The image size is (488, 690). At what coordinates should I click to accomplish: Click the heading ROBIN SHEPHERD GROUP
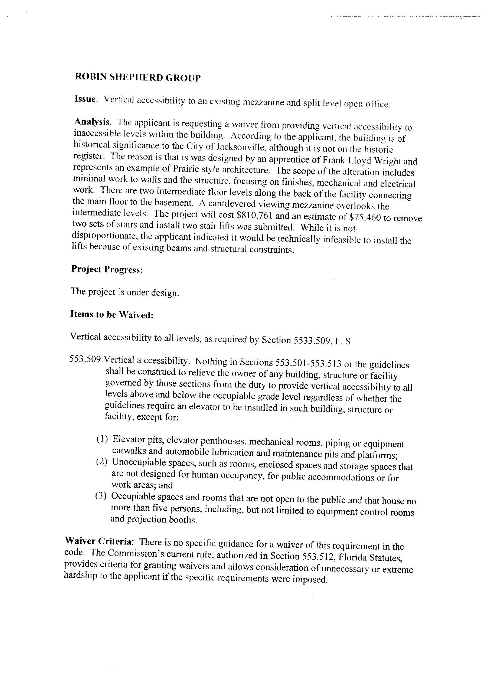[137, 78]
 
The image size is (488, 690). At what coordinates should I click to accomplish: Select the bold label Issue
[85, 99]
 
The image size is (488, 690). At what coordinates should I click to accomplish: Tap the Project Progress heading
[107, 269]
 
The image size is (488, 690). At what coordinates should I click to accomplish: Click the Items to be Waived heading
[112, 314]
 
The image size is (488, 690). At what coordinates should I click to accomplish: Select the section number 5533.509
[310, 340]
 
